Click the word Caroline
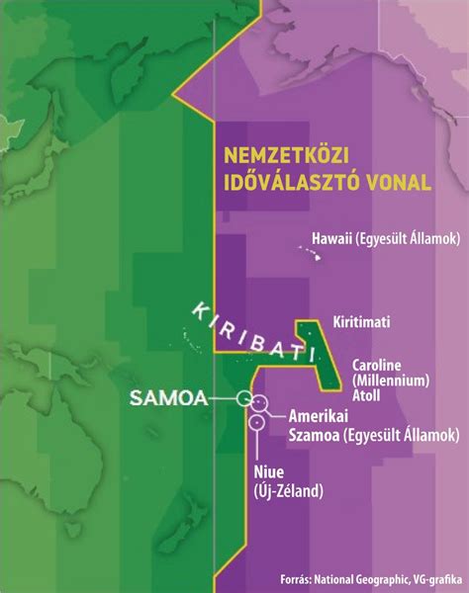coord(379,365)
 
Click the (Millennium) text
coord(390,379)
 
